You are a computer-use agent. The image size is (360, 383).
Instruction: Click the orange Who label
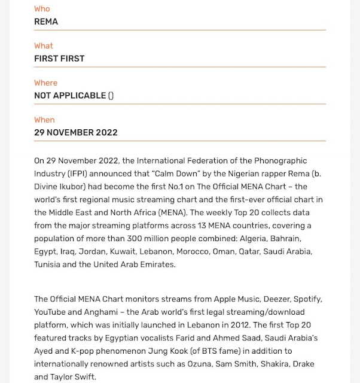pos(42,9)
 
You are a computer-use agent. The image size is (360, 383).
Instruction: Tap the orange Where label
pos(46,83)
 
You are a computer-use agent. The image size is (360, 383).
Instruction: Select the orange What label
pos(44,46)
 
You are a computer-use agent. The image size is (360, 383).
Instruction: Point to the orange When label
pos(44,120)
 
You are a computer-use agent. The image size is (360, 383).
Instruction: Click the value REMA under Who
pos(46,22)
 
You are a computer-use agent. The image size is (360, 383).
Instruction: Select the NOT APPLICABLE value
pos(70,96)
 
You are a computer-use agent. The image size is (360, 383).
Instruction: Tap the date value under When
pos(75,133)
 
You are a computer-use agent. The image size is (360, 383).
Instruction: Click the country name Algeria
pos(254,238)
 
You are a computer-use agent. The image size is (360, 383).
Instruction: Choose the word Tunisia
pos(47,265)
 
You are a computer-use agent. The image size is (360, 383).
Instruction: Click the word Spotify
pos(307,299)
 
